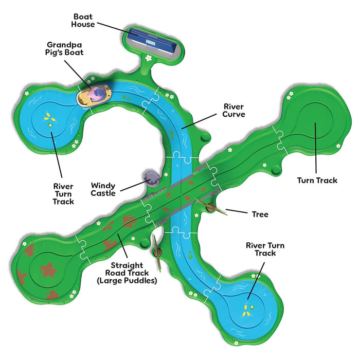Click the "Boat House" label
pyautogui.click(x=83, y=21)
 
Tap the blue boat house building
pyautogui.click(x=152, y=41)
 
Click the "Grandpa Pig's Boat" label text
pyautogui.click(x=64, y=48)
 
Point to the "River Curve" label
pyautogui.click(x=233, y=111)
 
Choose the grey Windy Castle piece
pyautogui.click(x=151, y=178)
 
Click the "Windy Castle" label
pyautogui.click(x=103, y=189)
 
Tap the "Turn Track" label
pyautogui.click(x=317, y=180)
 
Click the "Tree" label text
pyautogui.click(x=260, y=214)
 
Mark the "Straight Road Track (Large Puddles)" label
pyautogui.click(x=127, y=273)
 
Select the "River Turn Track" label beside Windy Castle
pyautogui.click(x=63, y=194)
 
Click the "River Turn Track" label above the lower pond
pyautogui.click(x=265, y=249)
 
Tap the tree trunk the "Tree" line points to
pyautogui.click(x=210, y=208)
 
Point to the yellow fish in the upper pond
pyautogui.click(x=49, y=117)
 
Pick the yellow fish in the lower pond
pyautogui.click(x=247, y=311)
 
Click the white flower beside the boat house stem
pyautogui.click(x=149, y=58)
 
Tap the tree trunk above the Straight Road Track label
pyautogui.click(x=157, y=253)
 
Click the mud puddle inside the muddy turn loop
pyautogui.click(x=48, y=270)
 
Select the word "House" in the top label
pyautogui.click(x=83, y=24)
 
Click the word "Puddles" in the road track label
pyautogui.click(x=142, y=281)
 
